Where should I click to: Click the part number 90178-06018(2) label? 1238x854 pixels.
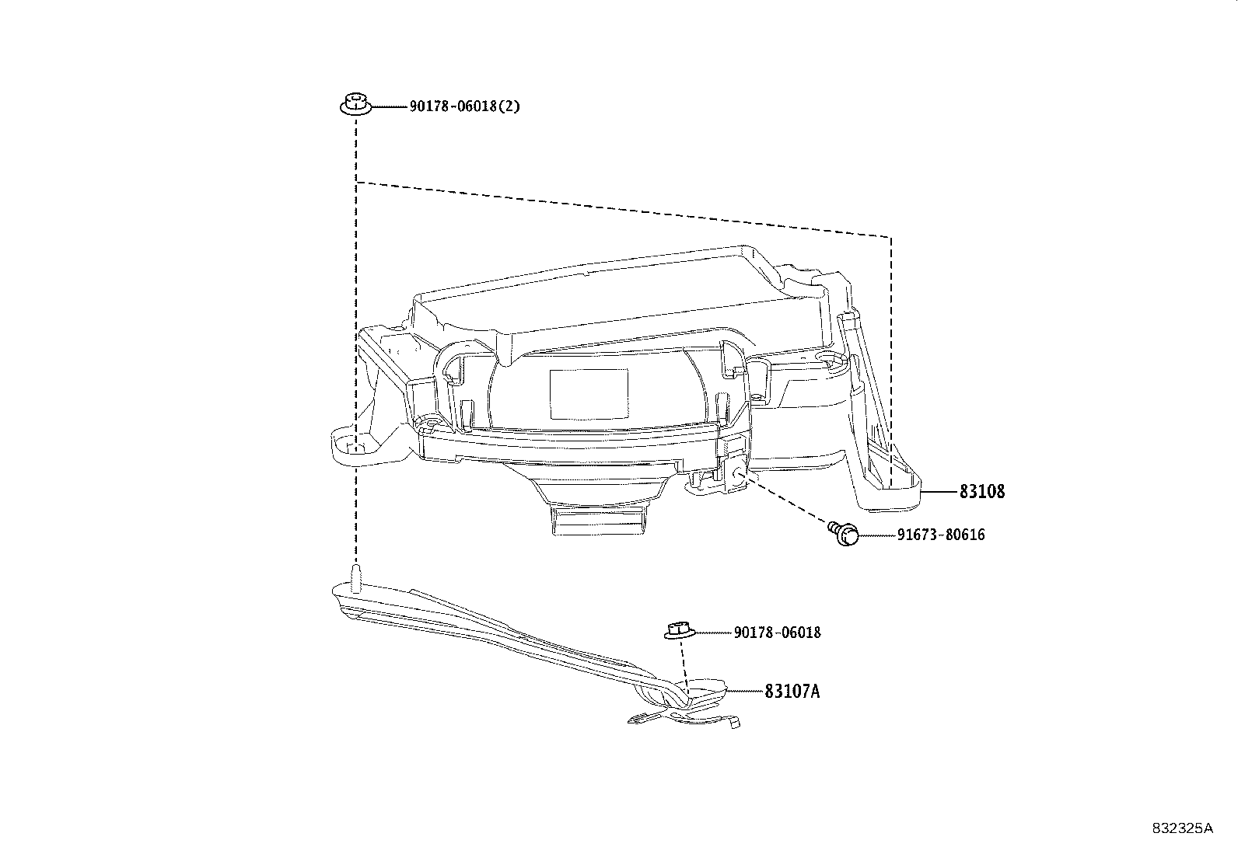(464, 106)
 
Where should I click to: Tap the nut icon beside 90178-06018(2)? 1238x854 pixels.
(355, 104)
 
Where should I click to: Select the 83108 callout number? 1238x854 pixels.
(981, 492)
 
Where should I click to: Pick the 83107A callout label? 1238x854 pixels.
(792, 691)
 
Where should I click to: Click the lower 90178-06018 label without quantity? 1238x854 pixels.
(777, 633)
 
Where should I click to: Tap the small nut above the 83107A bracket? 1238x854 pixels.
(677, 630)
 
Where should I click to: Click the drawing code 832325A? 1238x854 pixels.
(1182, 828)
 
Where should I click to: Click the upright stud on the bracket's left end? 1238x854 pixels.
(357, 579)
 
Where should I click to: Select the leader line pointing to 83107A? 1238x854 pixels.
(743, 691)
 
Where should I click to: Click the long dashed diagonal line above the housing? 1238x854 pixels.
(622, 208)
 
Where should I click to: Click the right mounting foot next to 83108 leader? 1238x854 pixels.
(894, 486)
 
